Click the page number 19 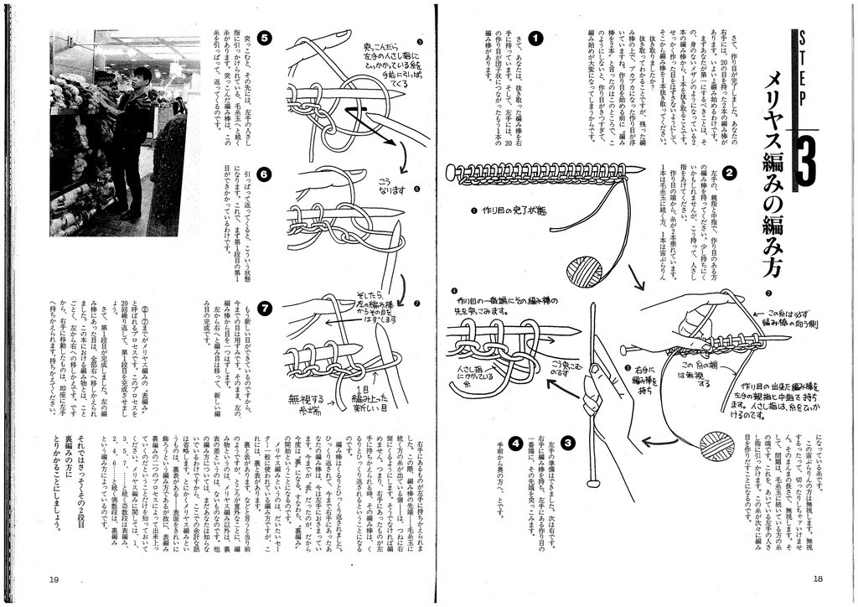54,578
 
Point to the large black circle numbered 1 536,38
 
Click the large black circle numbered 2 730,174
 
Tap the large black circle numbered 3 568,443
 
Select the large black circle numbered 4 515,443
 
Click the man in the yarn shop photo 132,143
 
